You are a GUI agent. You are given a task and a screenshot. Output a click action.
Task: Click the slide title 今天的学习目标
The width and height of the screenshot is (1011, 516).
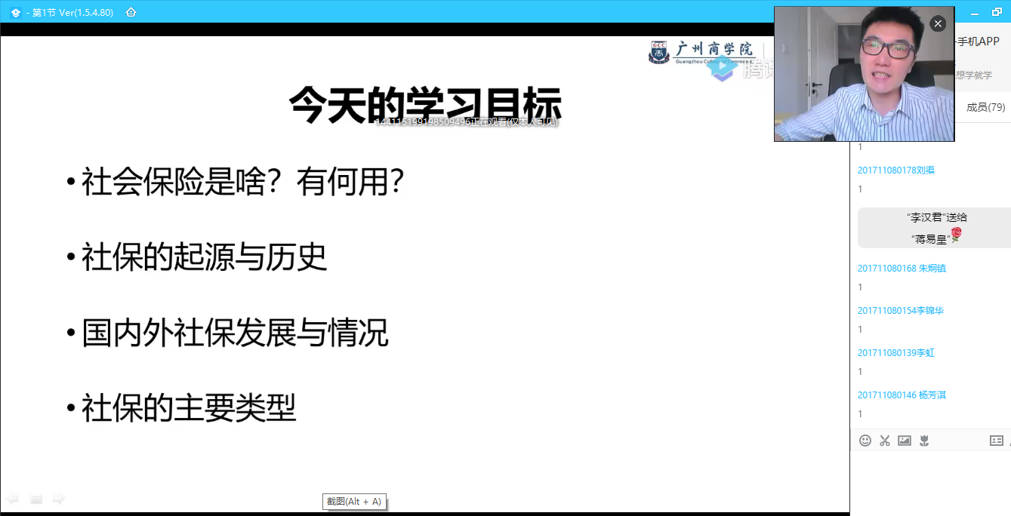click(425, 104)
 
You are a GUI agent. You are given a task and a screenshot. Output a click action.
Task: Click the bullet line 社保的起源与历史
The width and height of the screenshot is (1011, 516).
click(205, 257)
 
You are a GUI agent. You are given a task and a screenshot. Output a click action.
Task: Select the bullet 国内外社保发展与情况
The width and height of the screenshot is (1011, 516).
click(235, 333)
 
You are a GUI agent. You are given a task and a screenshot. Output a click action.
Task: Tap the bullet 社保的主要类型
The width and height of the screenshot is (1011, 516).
click(189, 408)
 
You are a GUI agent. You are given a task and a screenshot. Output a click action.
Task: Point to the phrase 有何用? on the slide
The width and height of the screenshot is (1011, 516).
click(350, 182)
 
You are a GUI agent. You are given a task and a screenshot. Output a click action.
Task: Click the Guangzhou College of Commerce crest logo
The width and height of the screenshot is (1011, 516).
click(659, 52)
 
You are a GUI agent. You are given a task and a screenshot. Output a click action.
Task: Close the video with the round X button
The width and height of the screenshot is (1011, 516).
click(938, 24)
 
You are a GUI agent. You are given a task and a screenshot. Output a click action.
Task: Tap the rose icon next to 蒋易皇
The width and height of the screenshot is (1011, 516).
click(956, 235)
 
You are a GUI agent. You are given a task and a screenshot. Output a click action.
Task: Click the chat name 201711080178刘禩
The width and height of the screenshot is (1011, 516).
click(895, 170)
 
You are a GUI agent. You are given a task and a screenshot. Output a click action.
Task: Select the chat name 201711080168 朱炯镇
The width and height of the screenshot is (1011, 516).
click(902, 269)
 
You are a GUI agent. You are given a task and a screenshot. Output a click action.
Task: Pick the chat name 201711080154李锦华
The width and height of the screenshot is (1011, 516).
click(900, 311)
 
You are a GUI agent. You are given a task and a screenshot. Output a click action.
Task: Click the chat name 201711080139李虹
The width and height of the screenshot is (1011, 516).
click(895, 353)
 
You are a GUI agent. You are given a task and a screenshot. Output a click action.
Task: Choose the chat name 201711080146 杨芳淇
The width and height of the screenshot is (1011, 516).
click(902, 395)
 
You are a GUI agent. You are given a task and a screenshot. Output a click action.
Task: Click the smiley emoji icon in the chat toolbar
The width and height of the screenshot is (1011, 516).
click(865, 441)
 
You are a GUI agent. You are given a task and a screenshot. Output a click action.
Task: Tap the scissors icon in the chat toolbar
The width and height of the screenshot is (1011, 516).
click(885, 441)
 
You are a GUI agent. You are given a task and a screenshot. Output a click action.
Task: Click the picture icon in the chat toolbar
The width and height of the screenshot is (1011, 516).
click(905, 441)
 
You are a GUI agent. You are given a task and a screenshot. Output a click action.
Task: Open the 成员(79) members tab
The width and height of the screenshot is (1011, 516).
click(985, 107)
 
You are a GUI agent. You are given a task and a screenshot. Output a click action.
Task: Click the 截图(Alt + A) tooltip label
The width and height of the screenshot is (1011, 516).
click(354, 502)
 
